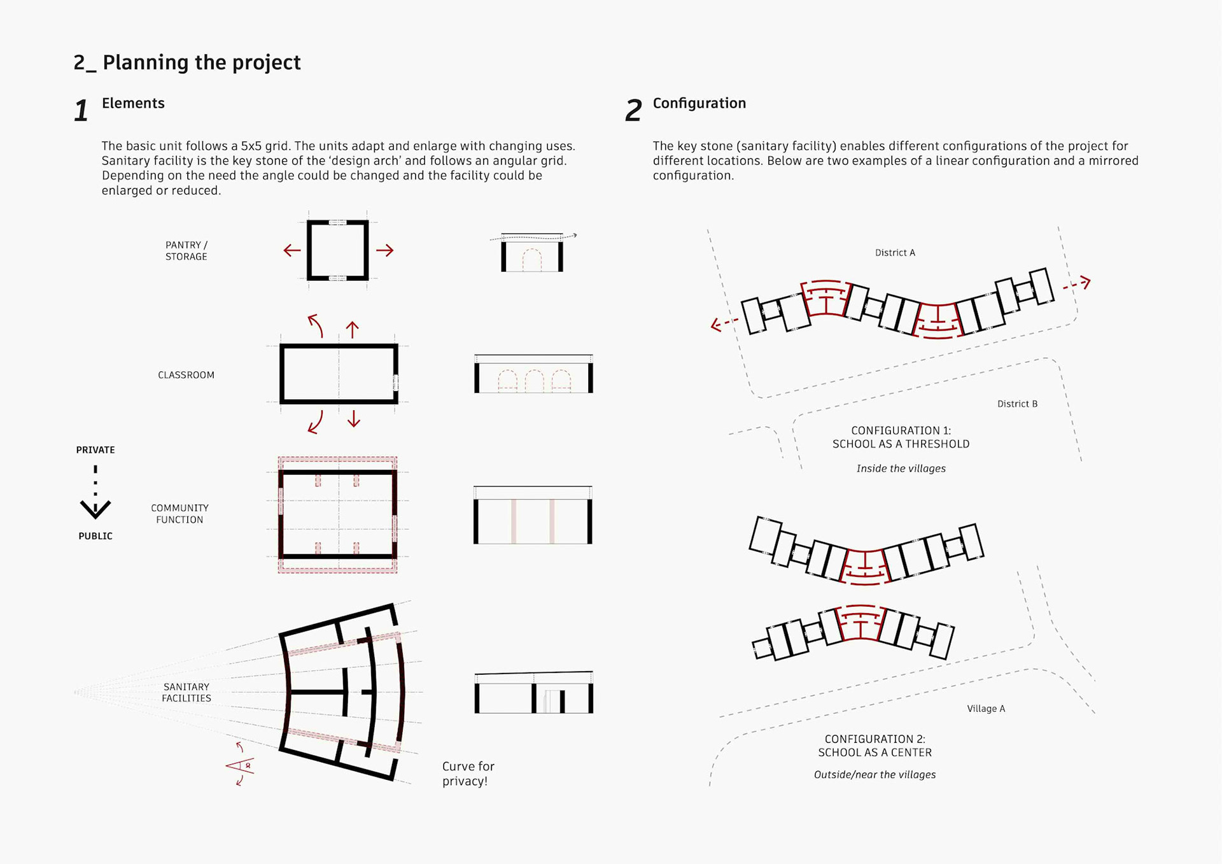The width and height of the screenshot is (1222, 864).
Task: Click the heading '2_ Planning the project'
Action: (x=186, y=62)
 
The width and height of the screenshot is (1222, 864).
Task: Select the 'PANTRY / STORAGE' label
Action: (x=186, y=251)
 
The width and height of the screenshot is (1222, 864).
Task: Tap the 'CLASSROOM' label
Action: (x=186, y=375)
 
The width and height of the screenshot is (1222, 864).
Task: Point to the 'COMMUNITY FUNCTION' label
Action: (x=179, y=514)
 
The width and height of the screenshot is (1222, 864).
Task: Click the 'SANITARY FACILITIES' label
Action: (x=186, y=692)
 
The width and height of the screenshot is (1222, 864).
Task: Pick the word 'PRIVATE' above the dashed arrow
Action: (x=95, y=450)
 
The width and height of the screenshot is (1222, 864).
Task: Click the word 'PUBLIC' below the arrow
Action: (x=95, y=536)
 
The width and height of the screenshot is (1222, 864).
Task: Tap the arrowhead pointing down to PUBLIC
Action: (x=95, y=508)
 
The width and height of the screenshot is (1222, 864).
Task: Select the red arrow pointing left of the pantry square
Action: (x=291, y=250)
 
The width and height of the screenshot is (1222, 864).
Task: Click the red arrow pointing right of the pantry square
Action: (x=385, y=250)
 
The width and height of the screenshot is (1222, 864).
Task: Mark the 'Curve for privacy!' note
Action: (x=468, y=774)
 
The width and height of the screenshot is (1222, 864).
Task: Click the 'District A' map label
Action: (x=895, y=253)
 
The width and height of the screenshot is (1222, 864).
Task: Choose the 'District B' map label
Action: (x=1017, y=404)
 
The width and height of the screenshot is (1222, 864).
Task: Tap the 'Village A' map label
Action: (x=986, y=709)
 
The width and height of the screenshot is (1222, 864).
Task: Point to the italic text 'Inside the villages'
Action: (x=901, y=469)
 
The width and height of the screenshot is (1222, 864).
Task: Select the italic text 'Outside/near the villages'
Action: (x=874, y=775)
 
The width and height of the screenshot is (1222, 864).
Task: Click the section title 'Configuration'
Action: (x=699, y=103)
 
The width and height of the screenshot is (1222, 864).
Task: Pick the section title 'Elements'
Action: (x=133, y=103)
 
